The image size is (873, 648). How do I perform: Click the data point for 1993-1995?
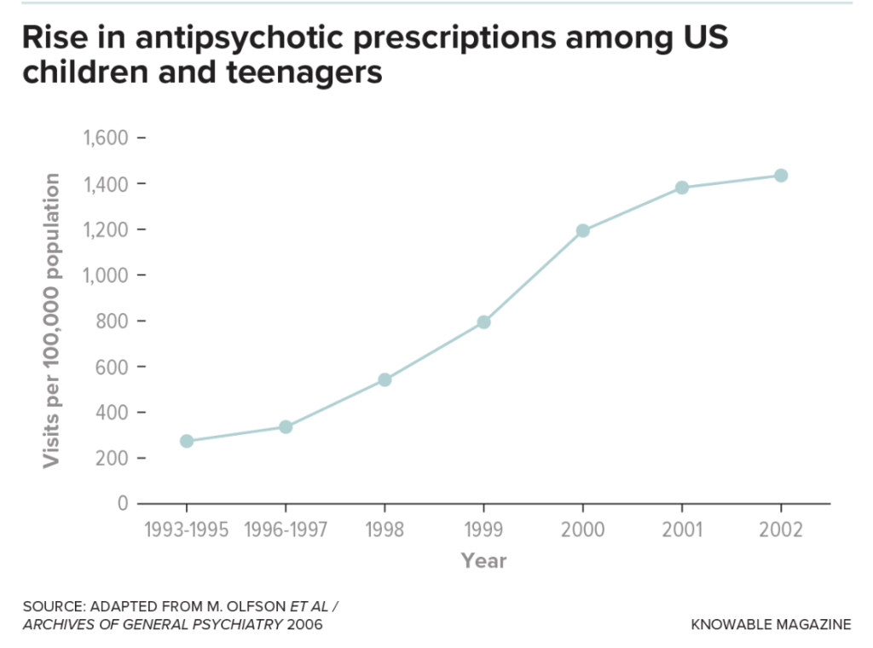click(187, 441)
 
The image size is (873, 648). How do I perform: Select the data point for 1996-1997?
click(286, 426)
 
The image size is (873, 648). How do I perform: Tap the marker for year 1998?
click(384, 379)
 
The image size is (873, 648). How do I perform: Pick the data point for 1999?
click(483, 321)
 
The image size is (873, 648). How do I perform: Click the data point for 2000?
click(583, 230)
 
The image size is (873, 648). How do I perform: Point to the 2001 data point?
click(682, 188)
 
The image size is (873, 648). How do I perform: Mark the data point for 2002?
click(780, 176)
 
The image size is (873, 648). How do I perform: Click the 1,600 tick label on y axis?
click(104, 138)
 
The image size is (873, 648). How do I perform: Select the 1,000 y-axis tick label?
click(104, 275)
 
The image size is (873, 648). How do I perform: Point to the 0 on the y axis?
click(122, 503)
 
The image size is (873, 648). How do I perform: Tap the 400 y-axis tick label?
click(109, 412)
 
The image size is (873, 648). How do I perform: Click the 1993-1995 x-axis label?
click(187, 529)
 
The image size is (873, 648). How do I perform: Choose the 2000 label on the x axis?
click(583, 529)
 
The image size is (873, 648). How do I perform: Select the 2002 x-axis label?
click(780, 529)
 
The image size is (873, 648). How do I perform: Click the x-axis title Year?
click(483, 560)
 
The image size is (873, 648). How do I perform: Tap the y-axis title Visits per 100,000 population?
click(52, 320)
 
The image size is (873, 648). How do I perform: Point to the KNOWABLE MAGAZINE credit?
click(772, 624)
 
